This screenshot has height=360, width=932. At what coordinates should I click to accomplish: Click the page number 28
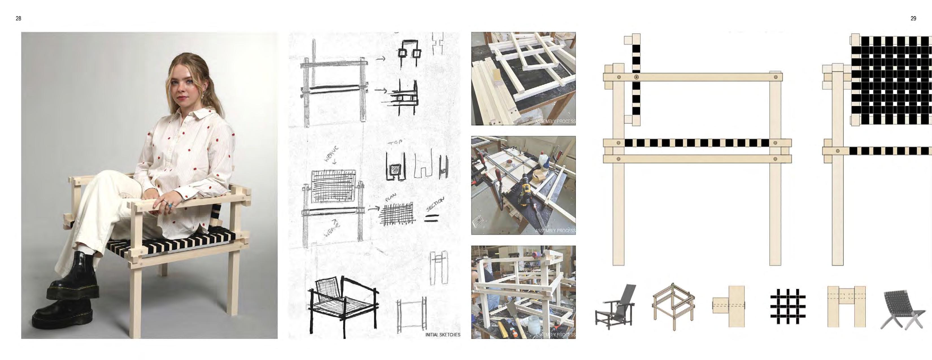click(x=18, y=18)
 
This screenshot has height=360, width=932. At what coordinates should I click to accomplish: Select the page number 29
click(x=913, y=18)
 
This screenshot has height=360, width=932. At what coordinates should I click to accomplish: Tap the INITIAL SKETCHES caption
click(x=443, y=335)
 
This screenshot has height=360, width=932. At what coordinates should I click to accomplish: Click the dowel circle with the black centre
click(x=636, y=77)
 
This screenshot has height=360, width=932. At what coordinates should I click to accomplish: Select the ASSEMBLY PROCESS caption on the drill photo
click(x=555, y=230)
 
